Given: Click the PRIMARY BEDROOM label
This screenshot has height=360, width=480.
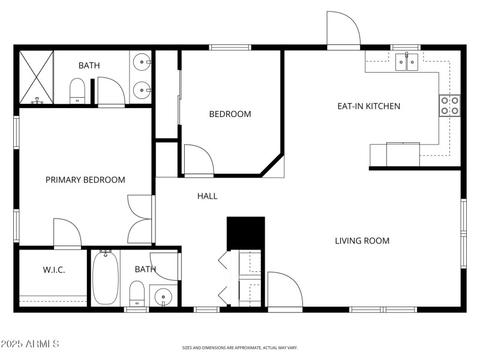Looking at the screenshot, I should tap(85, 180).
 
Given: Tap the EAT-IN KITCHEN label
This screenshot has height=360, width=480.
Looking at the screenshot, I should tap(368, 106).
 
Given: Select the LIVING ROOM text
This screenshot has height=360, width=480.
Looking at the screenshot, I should tap(362, 241).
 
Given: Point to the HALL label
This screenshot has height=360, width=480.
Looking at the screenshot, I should tap(207, 196).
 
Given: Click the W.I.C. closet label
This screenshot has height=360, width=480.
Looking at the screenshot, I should tap(53, 270).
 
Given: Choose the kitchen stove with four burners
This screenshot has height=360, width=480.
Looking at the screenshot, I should tap(450, 105).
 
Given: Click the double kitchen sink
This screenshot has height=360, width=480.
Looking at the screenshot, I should tap(407, 62).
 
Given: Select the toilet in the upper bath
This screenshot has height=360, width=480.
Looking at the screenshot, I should tap(77, 91).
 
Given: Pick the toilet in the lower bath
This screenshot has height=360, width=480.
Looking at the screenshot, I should tap(137, 293).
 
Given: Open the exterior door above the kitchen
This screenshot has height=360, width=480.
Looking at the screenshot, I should tap(343, 30).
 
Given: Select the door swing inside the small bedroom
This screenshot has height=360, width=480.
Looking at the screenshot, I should tap(199, 160).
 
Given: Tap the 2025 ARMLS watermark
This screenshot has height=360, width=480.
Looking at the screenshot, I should tap(29, 344).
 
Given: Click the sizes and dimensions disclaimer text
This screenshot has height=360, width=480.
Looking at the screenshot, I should tap(240, 347).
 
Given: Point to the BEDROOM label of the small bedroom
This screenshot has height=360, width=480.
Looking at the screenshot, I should tap(230, 114).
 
